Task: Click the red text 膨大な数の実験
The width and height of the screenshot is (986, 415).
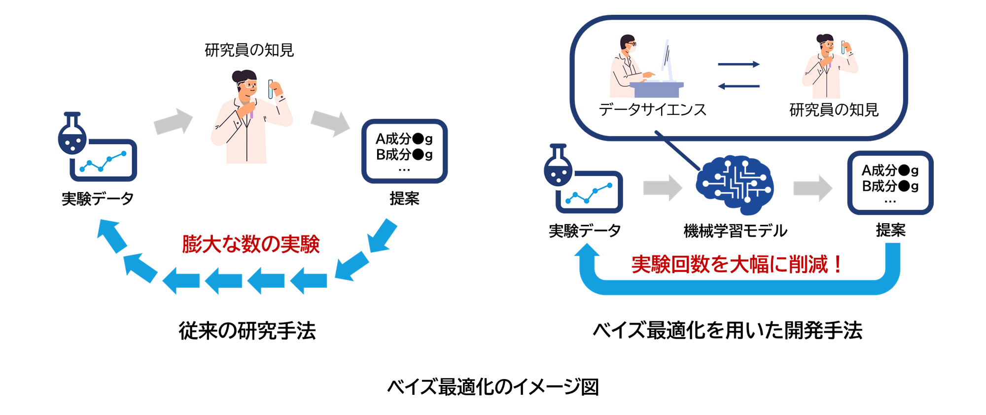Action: (x=251, y=244)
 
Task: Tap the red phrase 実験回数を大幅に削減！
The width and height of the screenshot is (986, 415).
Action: (x=737, y=265)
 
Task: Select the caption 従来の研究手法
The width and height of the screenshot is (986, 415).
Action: (x=247, y=331)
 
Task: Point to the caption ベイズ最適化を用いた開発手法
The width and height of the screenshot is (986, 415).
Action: (x=728, y=331)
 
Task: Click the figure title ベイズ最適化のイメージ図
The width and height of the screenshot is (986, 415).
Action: (x=493, y=387)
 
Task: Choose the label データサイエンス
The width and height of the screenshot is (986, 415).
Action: (x=653, y=109)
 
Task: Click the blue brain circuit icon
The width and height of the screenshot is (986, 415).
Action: (x=735, y=185)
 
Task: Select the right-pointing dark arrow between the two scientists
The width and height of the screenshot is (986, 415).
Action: (x=739, y=64)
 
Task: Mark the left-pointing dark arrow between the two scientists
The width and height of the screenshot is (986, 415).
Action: (x=739, y=86)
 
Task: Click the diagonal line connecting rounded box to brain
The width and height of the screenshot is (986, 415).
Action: (x=678, y=151)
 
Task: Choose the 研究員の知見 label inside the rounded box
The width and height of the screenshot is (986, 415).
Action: (x=834, y=109)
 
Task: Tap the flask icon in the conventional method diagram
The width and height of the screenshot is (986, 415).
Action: (x=72, y=134)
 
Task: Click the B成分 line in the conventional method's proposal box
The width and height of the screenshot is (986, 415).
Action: (x=404, y=155)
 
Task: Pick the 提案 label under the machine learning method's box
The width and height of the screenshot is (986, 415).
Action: (x=890, y=230)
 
